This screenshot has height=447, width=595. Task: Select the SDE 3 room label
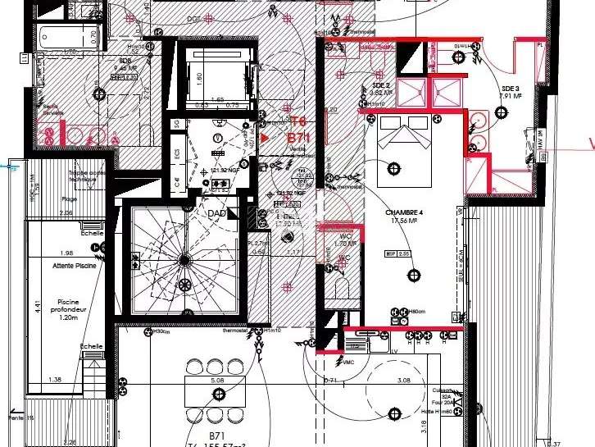pyautogui.click(x=510, y=89)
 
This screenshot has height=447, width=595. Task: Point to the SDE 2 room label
pyautogui.click(x=379, y=85)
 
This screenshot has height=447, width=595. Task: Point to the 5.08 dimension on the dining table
pyautogui.click(x=216, y=381)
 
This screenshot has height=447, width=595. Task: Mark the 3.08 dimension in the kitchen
pyautogui.click(x=404, y=381)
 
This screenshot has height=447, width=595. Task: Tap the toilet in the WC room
pyautogui.click(x=342, y=289)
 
